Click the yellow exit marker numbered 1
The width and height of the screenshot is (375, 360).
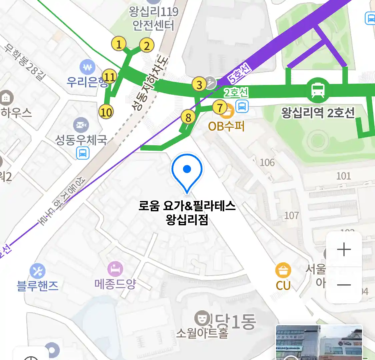119,44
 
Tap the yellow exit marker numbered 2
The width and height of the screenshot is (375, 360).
147,45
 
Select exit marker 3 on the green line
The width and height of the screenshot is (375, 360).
199,84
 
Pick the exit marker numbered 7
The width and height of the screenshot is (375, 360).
220,107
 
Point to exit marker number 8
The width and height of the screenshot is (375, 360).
188,117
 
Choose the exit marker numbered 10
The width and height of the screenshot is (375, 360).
106,112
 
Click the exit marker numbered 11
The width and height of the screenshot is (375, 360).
109,77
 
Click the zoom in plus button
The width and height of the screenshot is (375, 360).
344,250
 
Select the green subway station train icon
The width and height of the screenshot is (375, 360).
318,90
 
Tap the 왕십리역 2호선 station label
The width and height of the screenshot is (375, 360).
318,113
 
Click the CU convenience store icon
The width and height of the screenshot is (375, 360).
283,270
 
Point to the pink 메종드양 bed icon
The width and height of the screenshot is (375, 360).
115,269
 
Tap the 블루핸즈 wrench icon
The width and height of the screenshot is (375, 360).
37,271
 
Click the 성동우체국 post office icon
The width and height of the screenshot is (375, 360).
81,125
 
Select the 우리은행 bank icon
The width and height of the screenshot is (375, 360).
87,68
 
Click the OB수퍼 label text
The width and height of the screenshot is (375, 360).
226,126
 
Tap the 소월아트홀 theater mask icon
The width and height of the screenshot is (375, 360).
201,318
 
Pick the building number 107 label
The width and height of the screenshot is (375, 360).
291,215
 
